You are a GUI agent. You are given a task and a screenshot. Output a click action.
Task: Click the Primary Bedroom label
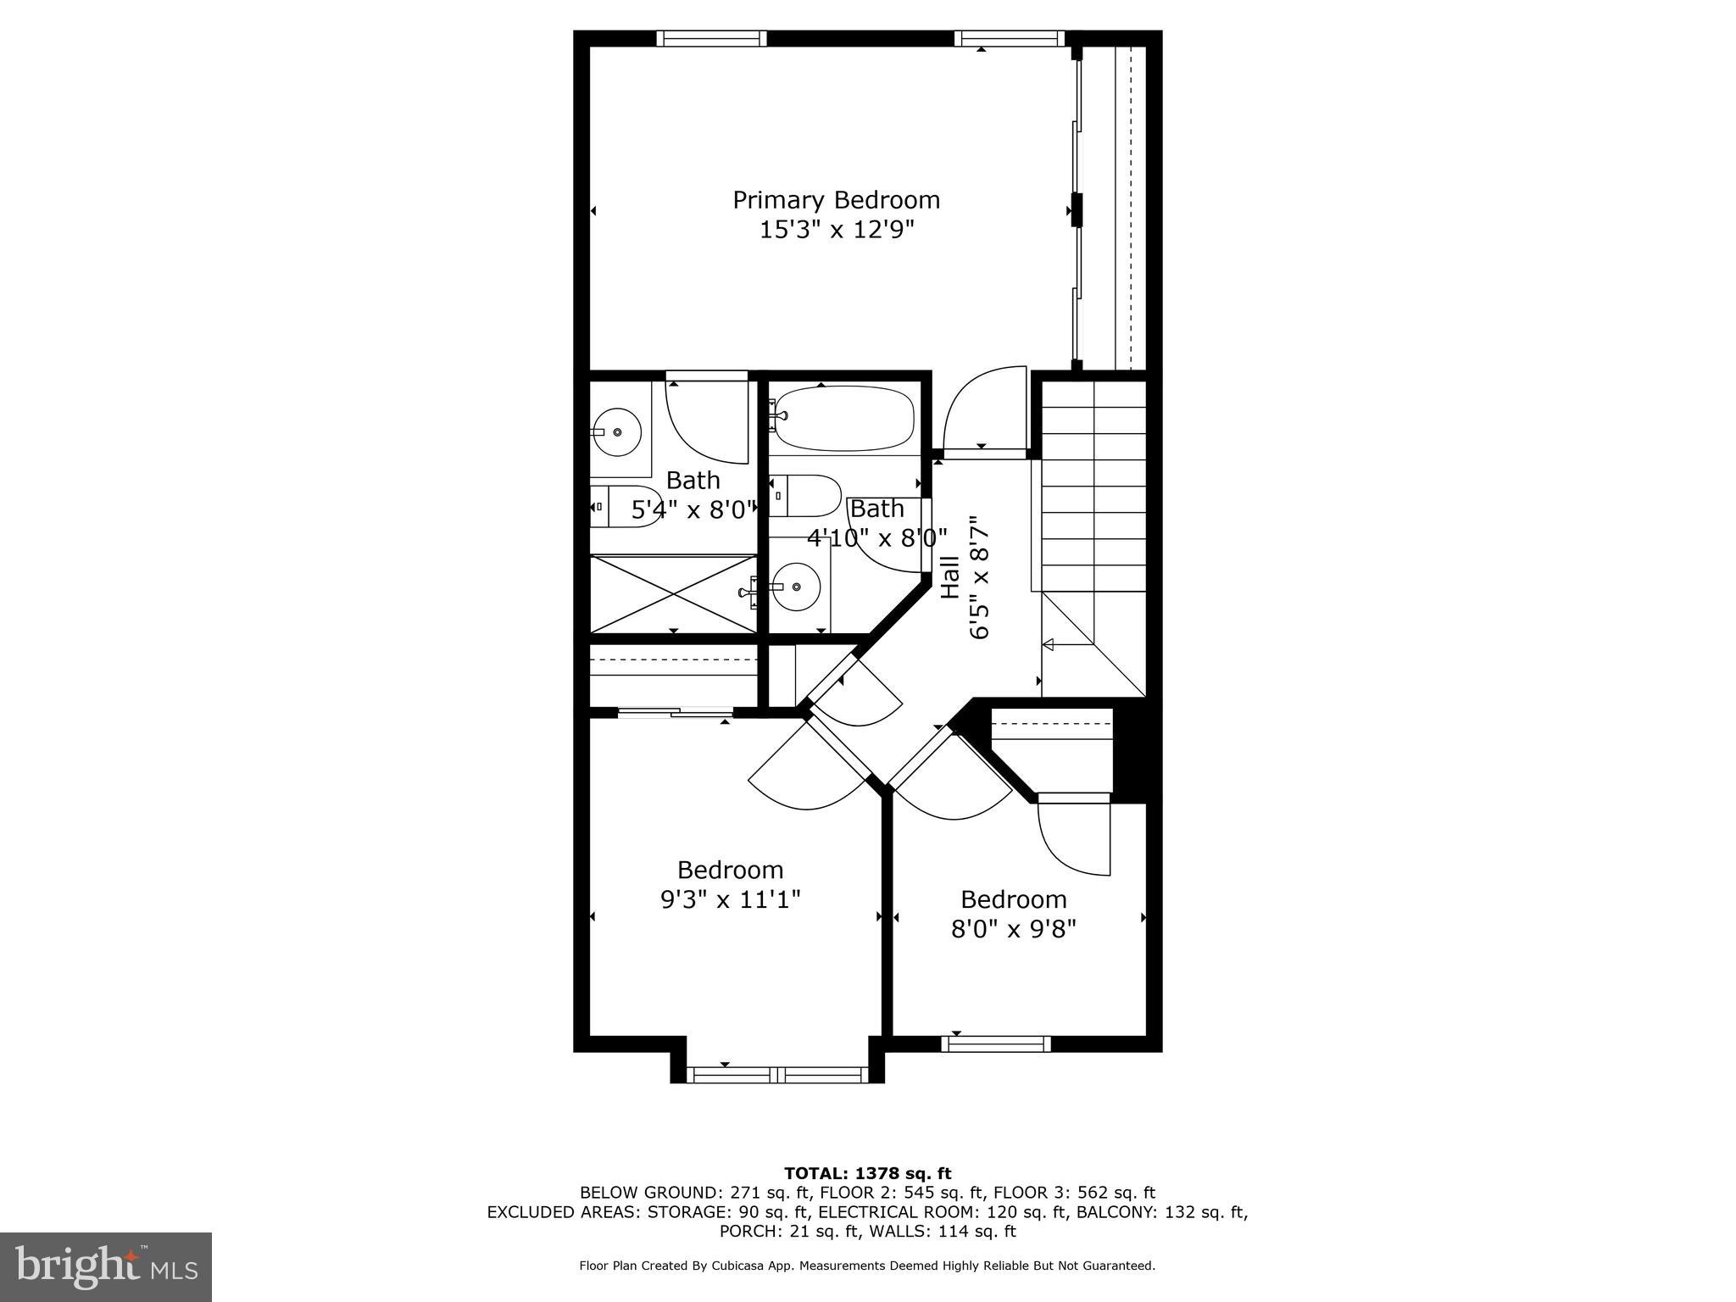pos(836,200)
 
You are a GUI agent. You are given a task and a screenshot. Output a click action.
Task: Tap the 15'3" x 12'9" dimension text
pos(836,230)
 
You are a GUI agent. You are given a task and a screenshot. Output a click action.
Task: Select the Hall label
pos(950,577)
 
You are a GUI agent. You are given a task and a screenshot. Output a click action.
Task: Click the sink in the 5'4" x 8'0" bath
pos(616,432)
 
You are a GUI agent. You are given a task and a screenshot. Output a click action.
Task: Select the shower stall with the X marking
pos(673,593)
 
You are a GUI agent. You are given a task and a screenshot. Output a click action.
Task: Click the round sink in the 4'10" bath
pos(797,586)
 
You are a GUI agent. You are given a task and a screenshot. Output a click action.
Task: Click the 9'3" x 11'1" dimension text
pos(730,899)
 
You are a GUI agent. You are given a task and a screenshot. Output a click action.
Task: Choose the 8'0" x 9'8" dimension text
pos(1013,929)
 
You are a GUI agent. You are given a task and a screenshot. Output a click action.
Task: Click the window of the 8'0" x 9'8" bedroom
pos(996,1044)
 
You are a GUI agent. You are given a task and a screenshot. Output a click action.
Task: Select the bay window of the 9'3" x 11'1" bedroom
pos(777,1075)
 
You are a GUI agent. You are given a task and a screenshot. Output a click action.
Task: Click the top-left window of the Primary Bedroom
pos(711,38)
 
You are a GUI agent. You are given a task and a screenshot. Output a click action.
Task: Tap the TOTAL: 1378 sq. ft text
pos(867,1174)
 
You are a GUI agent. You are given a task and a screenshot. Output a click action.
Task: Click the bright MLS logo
pos(106,1266)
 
